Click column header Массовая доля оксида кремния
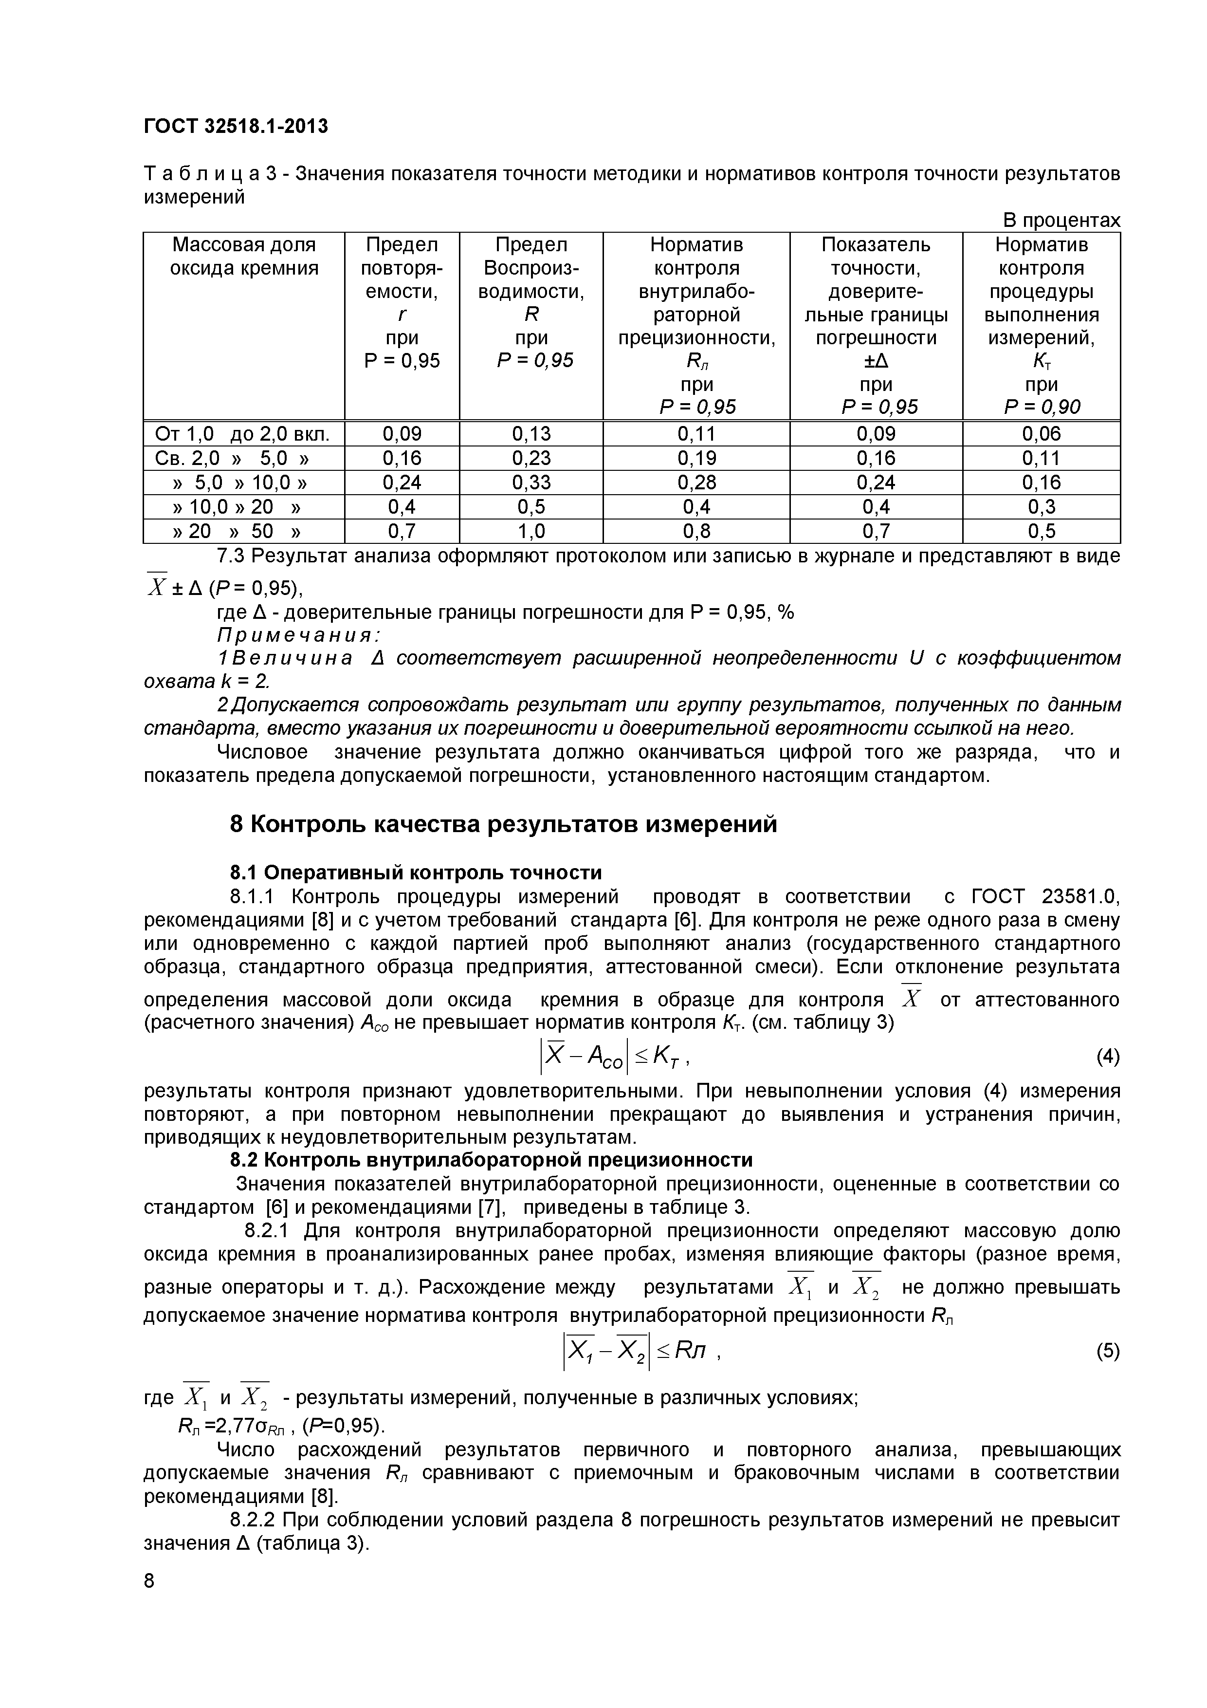[x=244, y=256]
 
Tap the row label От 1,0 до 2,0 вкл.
[x=242, y=434]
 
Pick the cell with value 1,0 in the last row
[x=531, y=531]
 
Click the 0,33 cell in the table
[x=531, y=482]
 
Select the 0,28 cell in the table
[x=696, y=482]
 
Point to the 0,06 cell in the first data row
[x=1041, y=434]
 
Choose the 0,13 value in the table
[x=531, y=434]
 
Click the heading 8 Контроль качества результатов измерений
[x=503, y=824]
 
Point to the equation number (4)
[x=1107, y=1057]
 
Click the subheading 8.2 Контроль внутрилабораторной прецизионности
[x=491, y=1160]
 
